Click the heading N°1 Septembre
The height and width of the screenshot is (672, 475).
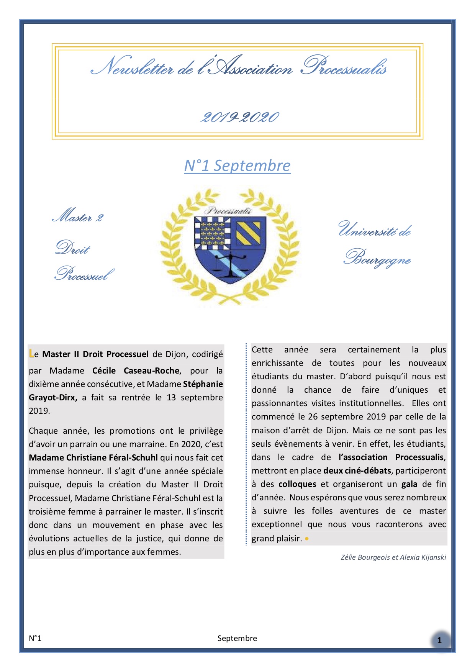(x=237, y=166)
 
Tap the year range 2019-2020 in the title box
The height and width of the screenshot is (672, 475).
(x=240, y=117)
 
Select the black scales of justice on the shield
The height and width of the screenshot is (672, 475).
(x=231, y=262)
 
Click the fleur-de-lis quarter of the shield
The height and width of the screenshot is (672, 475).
(x=213, y=232)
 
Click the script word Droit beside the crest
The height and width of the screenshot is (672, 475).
(x=73, y=248)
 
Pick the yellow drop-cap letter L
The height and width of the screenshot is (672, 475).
(x=31, y=354)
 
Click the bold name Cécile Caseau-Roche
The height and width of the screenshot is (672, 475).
(x=136, y=370)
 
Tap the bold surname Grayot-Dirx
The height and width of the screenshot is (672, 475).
(x=53, y=397)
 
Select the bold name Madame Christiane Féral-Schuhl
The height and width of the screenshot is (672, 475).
(x=93, y=457)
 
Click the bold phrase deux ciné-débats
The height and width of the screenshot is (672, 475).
(x=357, y=470)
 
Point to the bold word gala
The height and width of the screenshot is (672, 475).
(x=409, y=484)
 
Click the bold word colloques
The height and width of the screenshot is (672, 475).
(x=297, y=484)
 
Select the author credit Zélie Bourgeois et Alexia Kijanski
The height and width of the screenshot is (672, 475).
(x=393, y=557)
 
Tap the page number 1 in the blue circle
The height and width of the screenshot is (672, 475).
(x=439, y=640)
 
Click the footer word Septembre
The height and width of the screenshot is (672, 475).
(x=237, y=638)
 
